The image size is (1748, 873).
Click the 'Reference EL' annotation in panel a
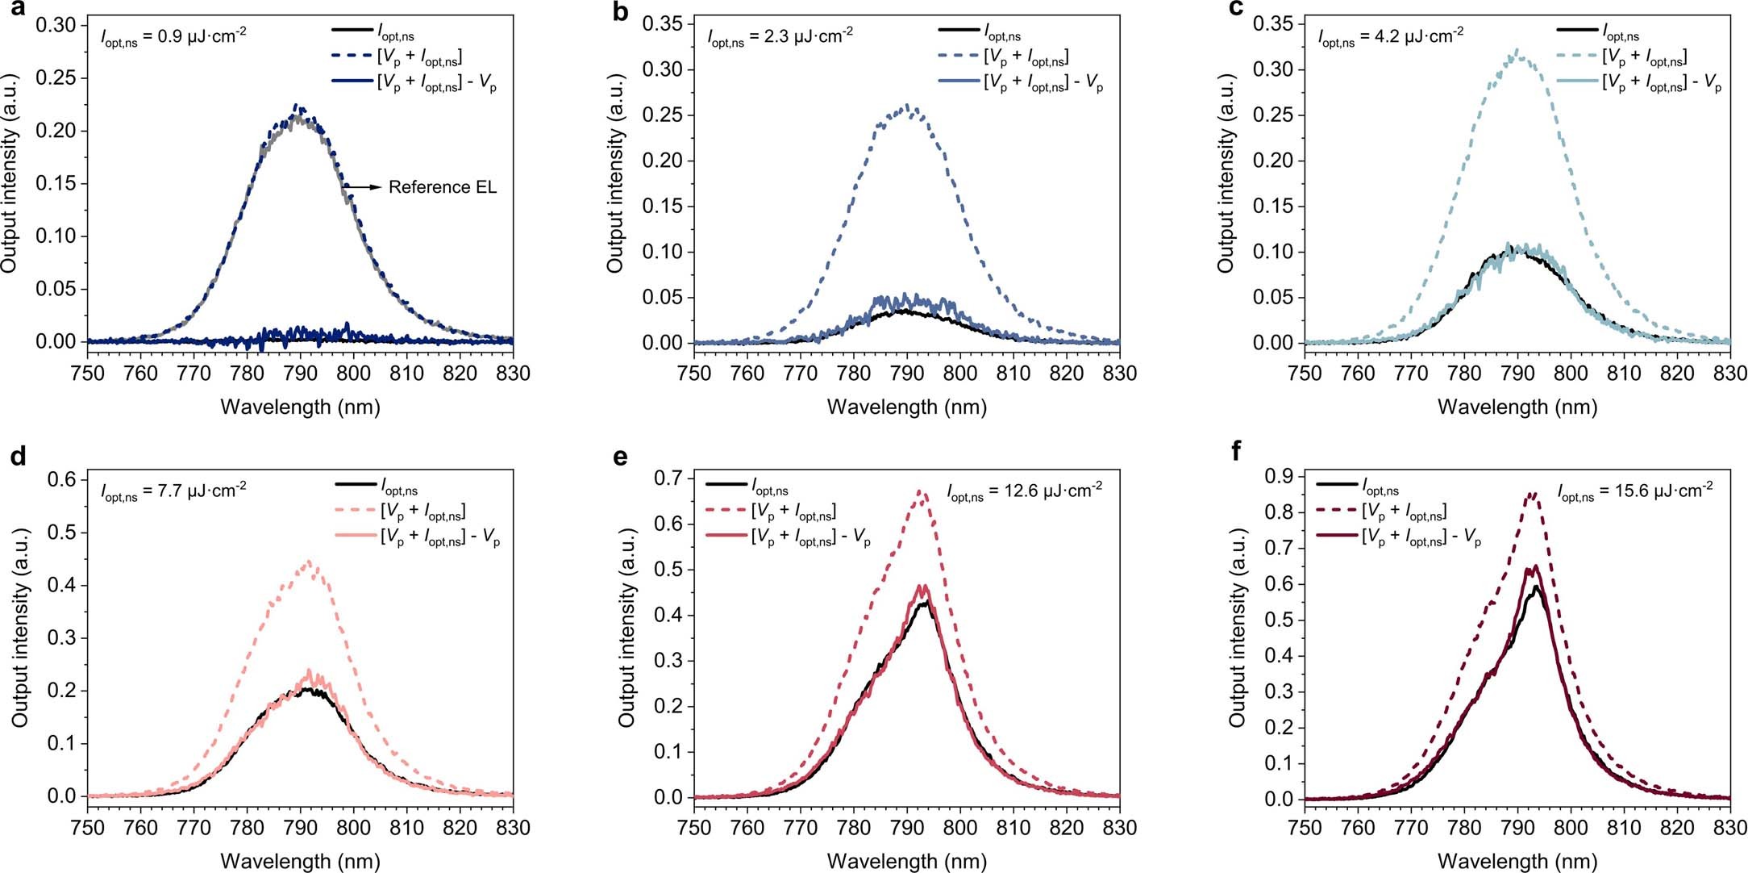(x=442, y=187)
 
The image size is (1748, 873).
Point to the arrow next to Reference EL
(x=364, y=187)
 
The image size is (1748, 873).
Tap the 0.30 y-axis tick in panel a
(x=58, y=26)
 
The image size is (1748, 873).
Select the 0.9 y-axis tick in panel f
(x=1276, y=477)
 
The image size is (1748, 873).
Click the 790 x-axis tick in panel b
(x=907, y=374)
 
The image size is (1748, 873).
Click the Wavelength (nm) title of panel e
(x=906, y=862)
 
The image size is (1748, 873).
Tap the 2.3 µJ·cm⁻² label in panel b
(x=780, y=36)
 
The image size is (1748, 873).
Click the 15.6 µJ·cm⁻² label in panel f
(x=1634, y=491)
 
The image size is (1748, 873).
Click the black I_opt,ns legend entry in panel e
(x=769, y=487)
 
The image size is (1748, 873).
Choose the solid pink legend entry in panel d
(x=439, y=538)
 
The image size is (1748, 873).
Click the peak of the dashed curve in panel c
(x=1518, y=51)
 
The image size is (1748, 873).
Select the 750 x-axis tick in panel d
(x=88, y=828)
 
